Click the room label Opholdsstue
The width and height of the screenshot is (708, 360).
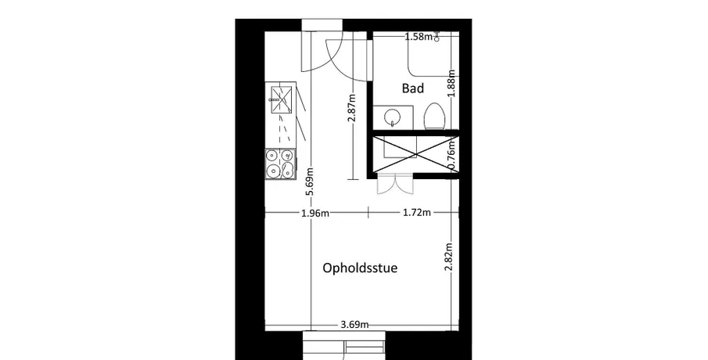coord(360,268)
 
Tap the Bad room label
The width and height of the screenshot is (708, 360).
coord(413,88)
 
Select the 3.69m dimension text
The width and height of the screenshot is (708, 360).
coord(354,324)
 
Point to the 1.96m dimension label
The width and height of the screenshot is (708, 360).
coord(315,213)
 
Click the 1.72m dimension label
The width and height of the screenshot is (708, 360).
coord(417,212)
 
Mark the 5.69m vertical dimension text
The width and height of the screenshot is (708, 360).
coord(310,182)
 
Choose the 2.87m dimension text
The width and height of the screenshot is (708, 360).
coord(352,107)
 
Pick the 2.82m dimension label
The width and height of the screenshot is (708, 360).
coord(449,257)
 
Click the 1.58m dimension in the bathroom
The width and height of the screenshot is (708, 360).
coord(419,37)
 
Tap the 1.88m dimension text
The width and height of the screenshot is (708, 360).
coord(451,83)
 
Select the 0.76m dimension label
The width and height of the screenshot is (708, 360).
coord(452,154)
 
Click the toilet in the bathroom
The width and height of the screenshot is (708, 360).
coord(435,117)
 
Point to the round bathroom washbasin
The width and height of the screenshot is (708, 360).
coord(393,118)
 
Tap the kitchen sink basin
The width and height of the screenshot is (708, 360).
coord(280,98)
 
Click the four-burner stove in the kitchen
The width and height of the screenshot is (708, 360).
coord(280,164)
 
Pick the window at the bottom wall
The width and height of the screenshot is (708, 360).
coord(344,346)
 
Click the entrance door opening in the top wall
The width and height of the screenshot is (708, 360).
coord(322,25)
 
